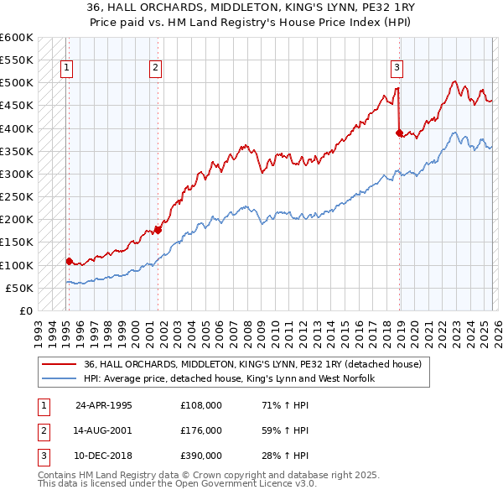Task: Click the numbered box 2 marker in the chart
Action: click(x=156, y=69)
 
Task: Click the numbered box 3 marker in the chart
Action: click(x=397, y=69)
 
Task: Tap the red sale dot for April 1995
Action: click(x=69, y=261)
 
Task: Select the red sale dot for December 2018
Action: click(x=399, y=133)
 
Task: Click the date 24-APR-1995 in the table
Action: click(x=103, y=405)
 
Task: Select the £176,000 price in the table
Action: click(x=200, y=430)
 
